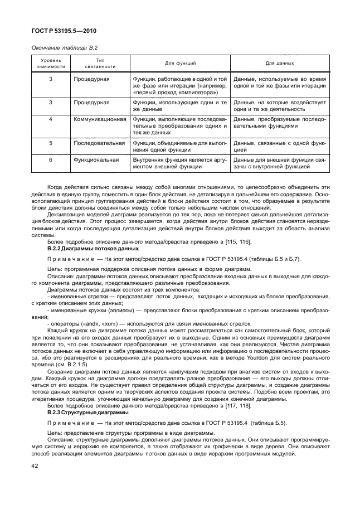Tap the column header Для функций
[x=180, y=63]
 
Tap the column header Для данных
[x=280, y=63]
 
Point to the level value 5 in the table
[x=51, y=143]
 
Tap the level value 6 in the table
[x=51, y=160]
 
